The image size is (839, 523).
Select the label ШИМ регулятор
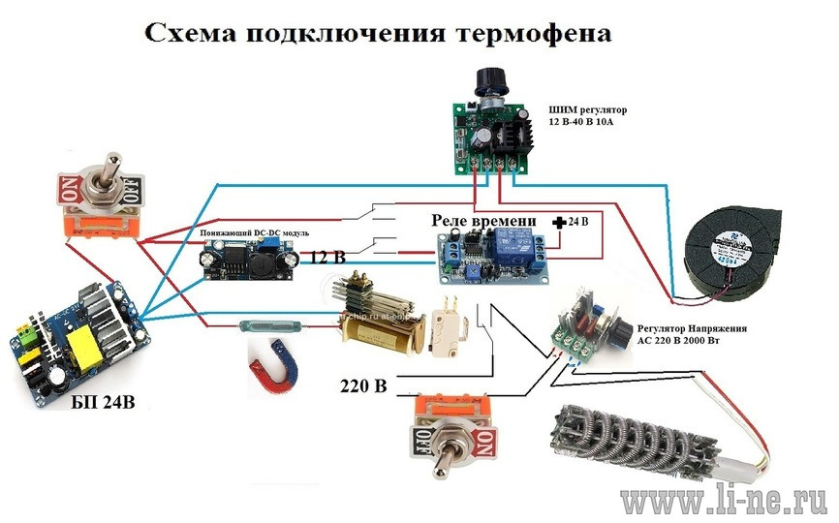[590, 109]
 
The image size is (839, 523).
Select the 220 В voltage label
[363, 387]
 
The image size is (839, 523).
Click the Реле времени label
[484, 222]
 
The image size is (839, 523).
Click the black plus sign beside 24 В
[559, 223]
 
